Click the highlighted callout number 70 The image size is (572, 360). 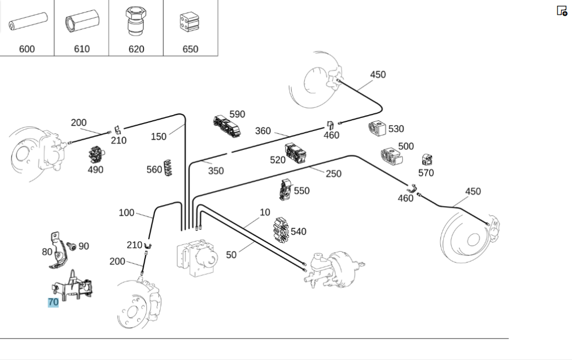[x=53, y=302]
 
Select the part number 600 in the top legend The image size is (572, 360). [x=27, y=49]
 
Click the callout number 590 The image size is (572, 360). [x=237, y=114]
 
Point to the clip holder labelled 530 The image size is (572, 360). [x=377, y=130]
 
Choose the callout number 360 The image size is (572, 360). [x=263, y=130]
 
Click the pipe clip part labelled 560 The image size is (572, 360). [x=168, y=167]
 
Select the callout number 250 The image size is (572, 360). [x=333, y=173]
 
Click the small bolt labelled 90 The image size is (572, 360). [x=72, y=246]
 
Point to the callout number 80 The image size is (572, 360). [x=47, y=251]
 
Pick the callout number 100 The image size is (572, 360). [x=126, y=213]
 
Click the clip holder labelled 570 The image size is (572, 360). [x=426, y=160]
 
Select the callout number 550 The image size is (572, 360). [x=301, y=191]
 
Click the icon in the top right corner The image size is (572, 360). [x=562, y=10]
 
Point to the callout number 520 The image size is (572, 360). [x=277, y=160]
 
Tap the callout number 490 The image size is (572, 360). [x=95, y=169]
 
